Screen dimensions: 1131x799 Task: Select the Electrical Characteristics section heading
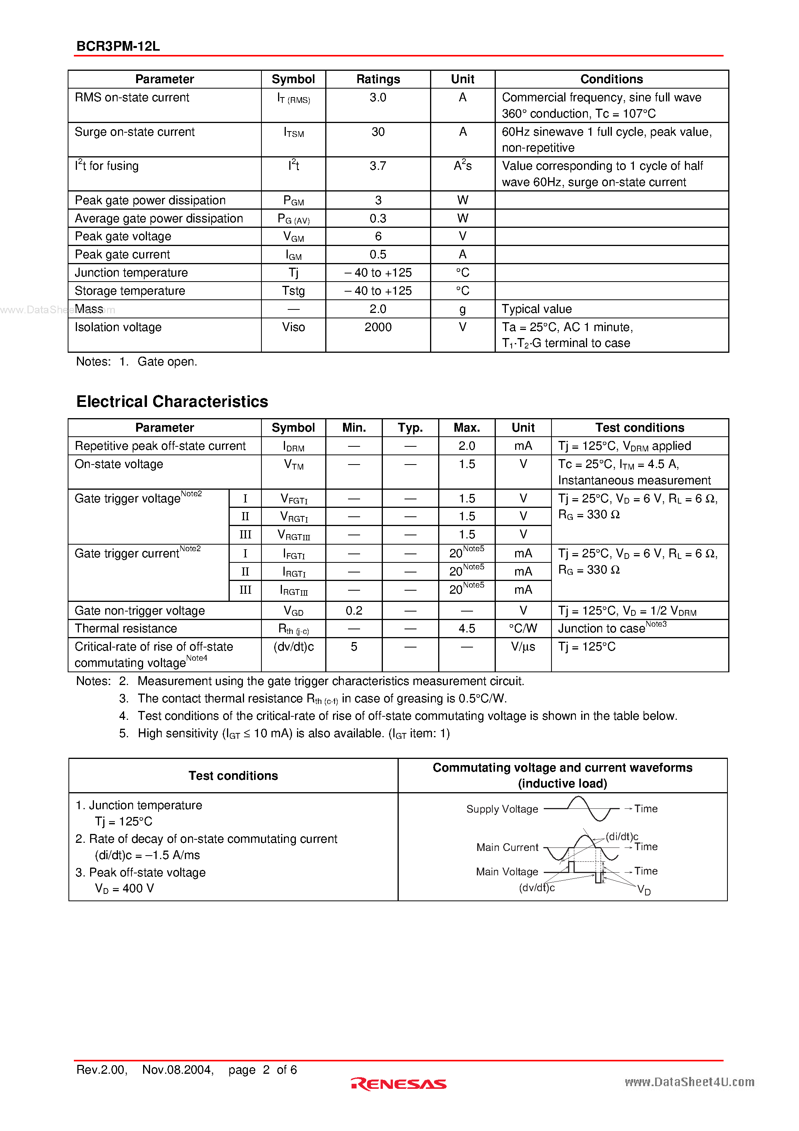click(x=172, y=401)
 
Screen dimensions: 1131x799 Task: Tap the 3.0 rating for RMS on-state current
click(x=378, y=97)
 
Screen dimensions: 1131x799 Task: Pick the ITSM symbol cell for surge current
click(x=294, y=133)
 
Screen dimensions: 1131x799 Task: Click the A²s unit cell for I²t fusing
click(x=463, y=166)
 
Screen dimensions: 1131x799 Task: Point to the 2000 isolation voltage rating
click(x=378, y=327)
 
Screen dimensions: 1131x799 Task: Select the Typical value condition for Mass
click(x=536, y=309)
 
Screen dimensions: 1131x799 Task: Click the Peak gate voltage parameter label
click(x=123, y=236)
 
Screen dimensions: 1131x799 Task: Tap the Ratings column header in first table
click(x=378, y=79)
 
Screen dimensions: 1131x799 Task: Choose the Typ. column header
click(x=410, y=427)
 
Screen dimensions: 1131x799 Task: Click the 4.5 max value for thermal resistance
click(x=466, y=629)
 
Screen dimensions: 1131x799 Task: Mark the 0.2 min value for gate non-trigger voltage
click(x=354, y=611)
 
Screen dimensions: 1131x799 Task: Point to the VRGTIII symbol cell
click(x=294, y=535)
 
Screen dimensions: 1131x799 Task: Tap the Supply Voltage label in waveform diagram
click(x=502, y=809)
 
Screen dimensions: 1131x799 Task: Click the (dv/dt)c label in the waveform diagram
click(x=536, y=888)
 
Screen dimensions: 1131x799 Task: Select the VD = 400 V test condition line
click(x=124, y=888)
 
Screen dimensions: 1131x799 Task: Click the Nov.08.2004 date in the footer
click(x=178, y=1070)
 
